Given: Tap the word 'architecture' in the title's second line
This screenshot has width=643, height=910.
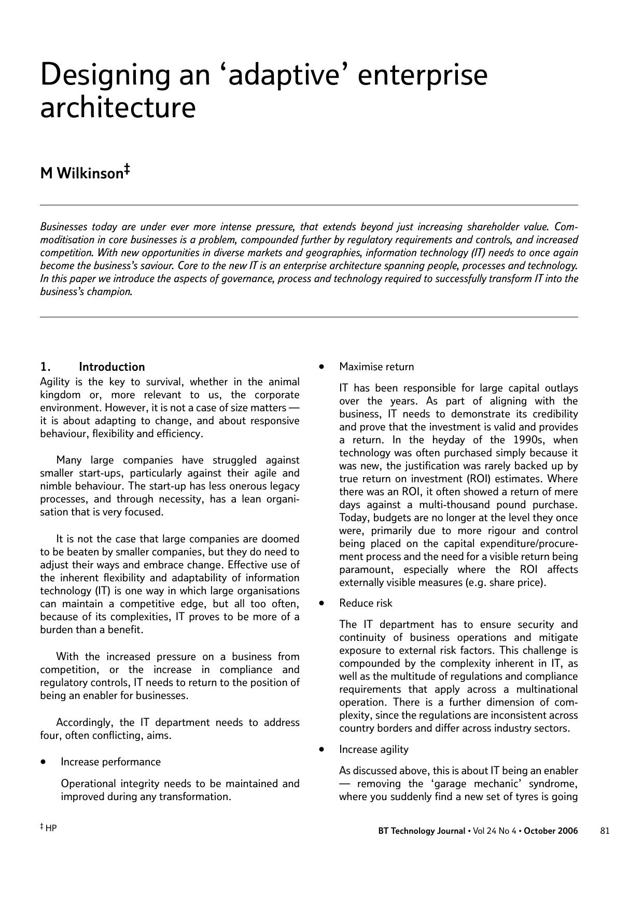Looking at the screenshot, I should [x=118, y=108].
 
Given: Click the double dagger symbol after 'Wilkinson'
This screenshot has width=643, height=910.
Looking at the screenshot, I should [x=126, y=170].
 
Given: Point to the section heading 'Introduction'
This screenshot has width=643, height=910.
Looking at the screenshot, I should [x=111, y=367].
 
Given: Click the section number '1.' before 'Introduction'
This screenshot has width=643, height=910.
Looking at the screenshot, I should [x=45, y=367].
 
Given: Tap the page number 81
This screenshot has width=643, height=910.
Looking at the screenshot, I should [x=605, y=831].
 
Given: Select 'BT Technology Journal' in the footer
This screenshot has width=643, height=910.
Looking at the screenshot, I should [x=422, y=831].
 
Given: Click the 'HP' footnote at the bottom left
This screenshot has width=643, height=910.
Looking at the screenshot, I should [x=51, y=828].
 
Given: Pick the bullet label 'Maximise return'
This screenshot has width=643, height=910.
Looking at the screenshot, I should [x=376, y=367].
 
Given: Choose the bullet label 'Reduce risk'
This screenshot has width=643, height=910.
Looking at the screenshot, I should [x=366, y=603].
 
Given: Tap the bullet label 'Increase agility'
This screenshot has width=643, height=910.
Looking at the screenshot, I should [x=373, y=749].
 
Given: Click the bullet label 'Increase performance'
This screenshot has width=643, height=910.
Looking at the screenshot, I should [x=110, y=762].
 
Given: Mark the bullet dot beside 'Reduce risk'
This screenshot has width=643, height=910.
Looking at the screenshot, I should [x=322, y=603].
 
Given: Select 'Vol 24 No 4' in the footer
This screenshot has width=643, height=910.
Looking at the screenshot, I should [x=495, y=831].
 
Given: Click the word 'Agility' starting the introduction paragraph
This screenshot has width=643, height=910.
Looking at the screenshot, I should [x=55, y=382].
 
